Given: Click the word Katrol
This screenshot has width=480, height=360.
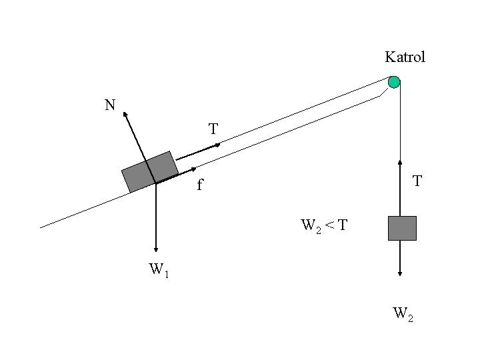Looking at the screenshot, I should (405, 57).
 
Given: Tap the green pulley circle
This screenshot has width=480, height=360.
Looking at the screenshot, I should (394, 83).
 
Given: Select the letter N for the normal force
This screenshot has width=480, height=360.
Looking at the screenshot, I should (109, 105).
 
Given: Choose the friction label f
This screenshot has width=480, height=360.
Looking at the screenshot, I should (199, 185).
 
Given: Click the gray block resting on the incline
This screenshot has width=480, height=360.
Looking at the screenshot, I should (150, 171).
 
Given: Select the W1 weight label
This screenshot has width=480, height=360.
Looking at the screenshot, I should (159, 270).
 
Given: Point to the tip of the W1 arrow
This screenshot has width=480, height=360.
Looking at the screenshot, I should (155, 251).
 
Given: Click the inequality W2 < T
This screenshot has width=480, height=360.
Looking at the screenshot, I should (323, 225).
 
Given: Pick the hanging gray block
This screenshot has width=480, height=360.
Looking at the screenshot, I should (402, 228).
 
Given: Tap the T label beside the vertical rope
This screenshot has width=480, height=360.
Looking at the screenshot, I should (417, 181).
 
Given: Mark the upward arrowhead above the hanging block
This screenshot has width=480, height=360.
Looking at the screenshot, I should (400, 161).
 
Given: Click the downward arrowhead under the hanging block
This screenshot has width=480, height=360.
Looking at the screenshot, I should (400, 273).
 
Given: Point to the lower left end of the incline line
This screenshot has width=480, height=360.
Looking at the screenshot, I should (41, 228).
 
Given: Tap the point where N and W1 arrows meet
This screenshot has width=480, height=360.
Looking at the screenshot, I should (155, 183).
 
